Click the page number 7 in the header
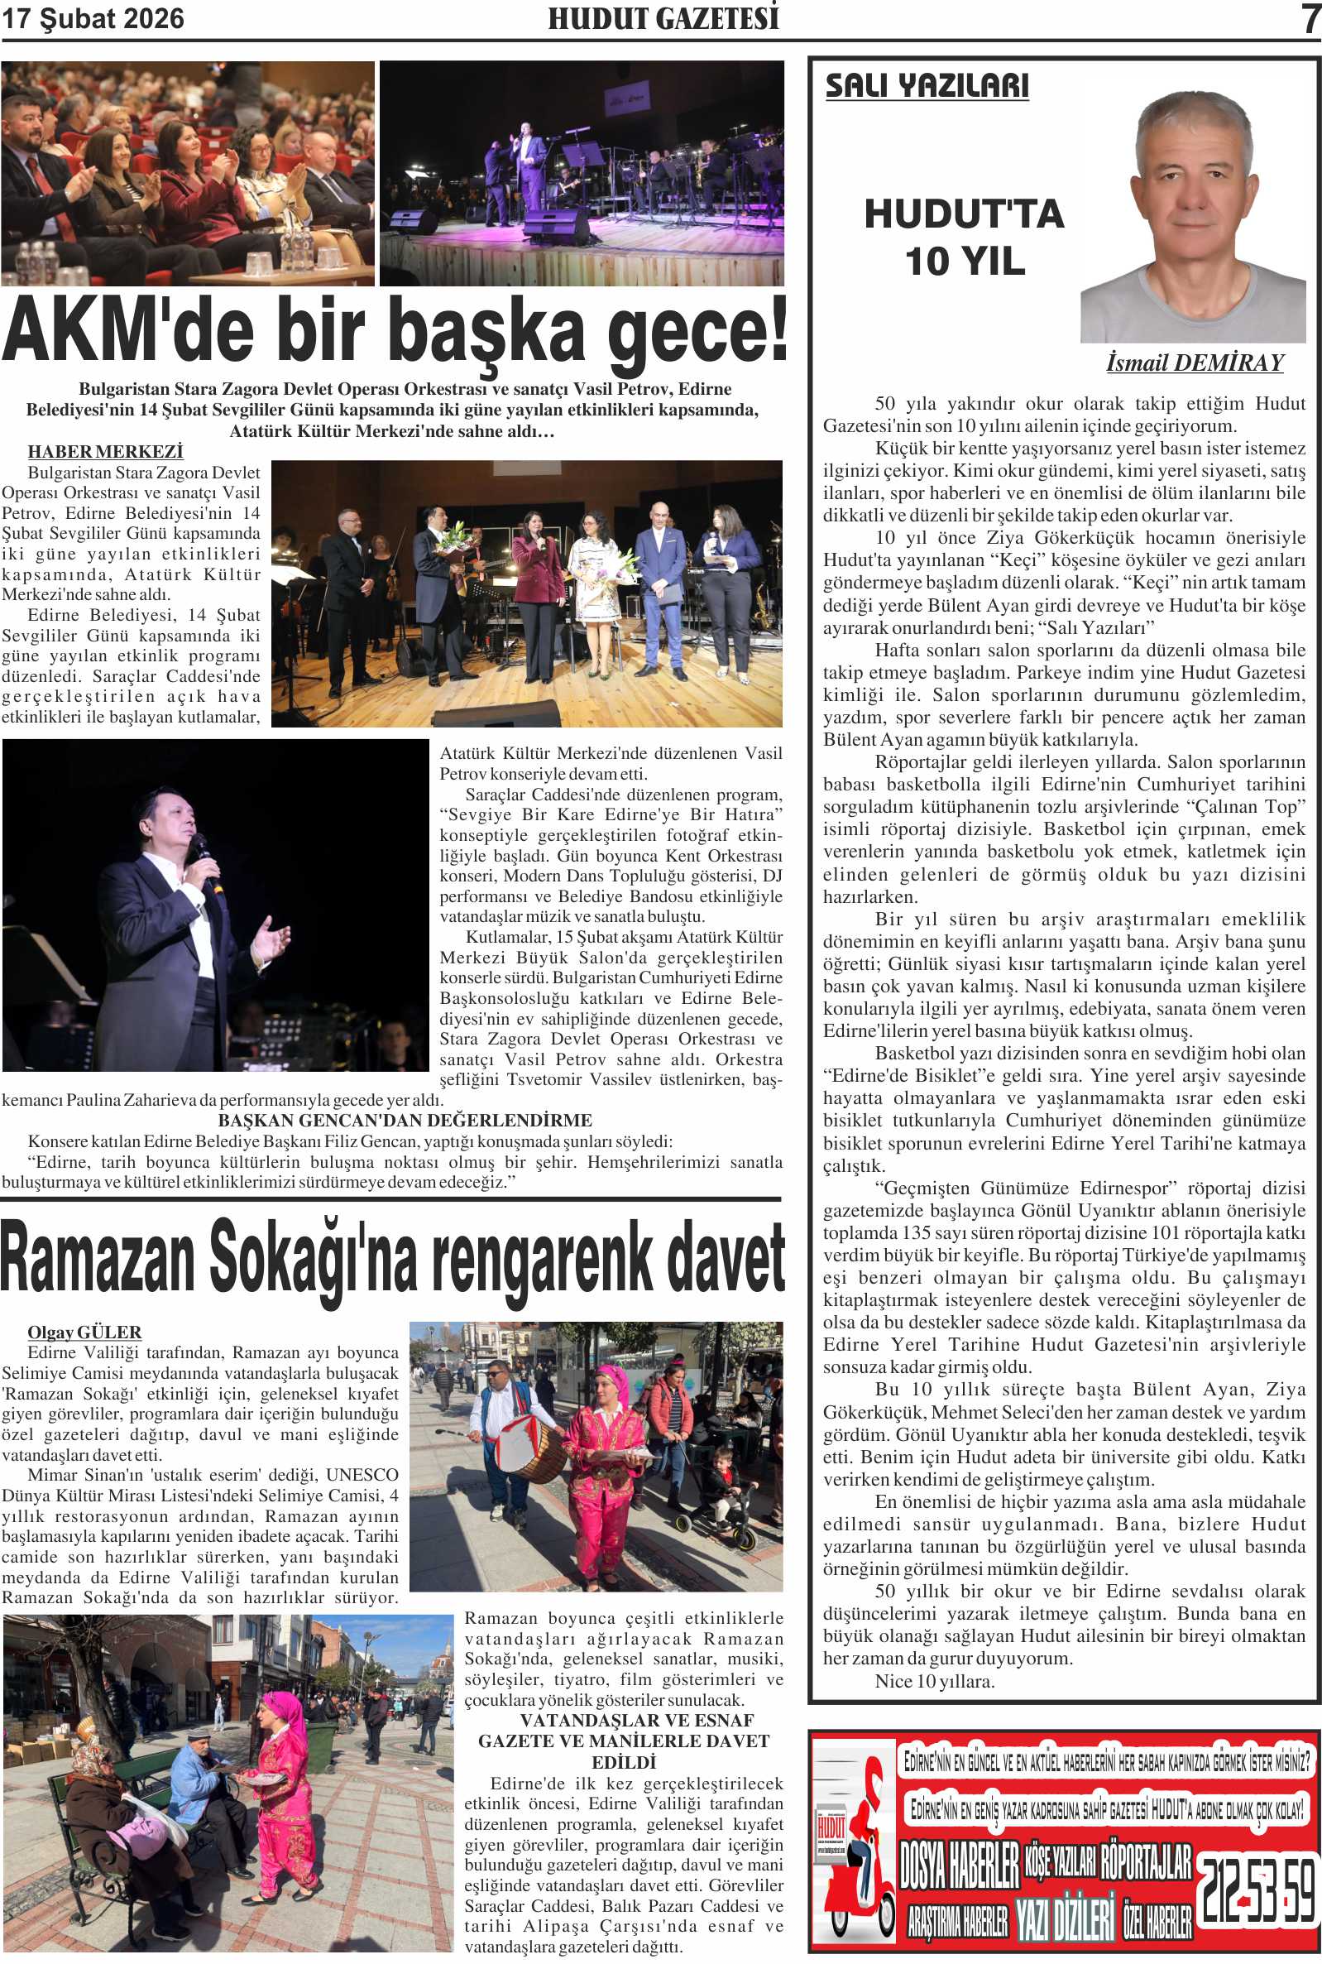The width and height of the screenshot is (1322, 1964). tap(1310, 18)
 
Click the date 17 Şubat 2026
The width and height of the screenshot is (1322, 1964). tap(93, 18)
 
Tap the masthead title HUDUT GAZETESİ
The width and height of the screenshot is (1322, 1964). tap(663, 18)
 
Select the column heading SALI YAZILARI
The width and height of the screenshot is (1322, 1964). tap(927, 86)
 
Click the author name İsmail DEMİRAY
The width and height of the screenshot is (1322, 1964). tap(1194, 363)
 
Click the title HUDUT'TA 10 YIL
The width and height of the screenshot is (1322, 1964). tap(965, 237)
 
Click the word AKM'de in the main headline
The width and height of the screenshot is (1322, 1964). tap(127, 330)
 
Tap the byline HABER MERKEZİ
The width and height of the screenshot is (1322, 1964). tap(105, 452)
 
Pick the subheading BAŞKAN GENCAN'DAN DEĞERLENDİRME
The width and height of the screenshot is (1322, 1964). tap(405, 1121)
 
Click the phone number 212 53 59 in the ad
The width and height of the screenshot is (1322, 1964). tap(1257, 1888)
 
